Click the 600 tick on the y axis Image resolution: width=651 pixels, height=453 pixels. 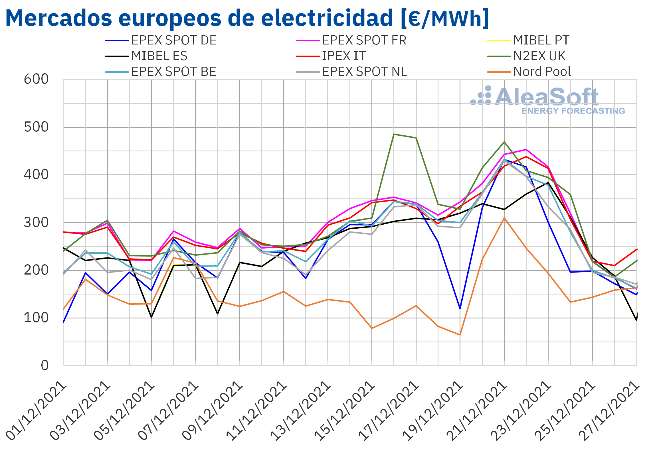point(36,79)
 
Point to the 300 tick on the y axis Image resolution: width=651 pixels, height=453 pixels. point(36,223)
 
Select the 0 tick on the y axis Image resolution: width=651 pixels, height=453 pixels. point(45,365)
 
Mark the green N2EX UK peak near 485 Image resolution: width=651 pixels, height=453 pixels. point(394,134)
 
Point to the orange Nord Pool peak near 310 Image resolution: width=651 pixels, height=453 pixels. point(504,218)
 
